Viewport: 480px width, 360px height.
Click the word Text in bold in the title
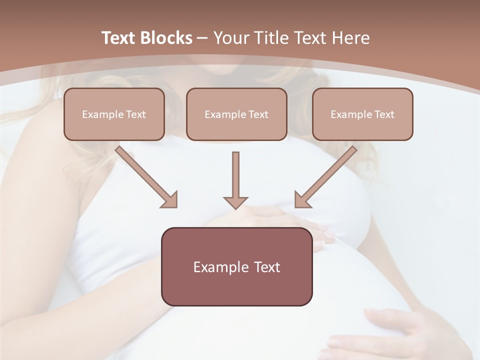(119, 38)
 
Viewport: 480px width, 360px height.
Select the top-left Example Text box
(114, 114)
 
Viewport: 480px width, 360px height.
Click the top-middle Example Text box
(236, 114)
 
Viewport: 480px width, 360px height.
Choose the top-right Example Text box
(362, 114)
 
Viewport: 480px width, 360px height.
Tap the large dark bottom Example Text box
(236, 266)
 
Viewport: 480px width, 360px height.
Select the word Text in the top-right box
(384, 114)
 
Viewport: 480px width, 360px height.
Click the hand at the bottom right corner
(400, 332)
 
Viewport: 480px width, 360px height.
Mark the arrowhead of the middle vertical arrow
(235, 201)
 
